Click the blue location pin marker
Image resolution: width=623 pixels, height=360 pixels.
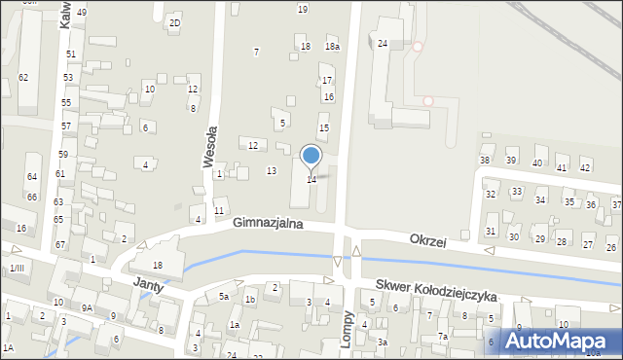coord(311,156)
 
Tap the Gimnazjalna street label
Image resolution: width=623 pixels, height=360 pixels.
coord(268,224)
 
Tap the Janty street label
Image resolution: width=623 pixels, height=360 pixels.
coord(148,284)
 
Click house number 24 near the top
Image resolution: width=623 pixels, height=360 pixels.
coord(383,44)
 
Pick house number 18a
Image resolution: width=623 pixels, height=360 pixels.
coord(332,47)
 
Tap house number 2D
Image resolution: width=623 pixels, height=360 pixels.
coord(174,22)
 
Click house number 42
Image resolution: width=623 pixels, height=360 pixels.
coord(585,167)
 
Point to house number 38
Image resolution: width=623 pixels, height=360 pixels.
coord(485,160)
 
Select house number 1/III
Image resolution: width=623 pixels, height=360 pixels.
coord(16,268)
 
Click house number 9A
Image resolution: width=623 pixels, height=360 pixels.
coord(87,307)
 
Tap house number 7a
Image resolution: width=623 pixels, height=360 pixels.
coord(442,337)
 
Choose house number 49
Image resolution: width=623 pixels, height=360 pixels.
coord(82,12)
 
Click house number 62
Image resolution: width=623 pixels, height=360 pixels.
coord(23,77)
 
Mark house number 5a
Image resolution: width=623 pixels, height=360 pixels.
coord(223,296)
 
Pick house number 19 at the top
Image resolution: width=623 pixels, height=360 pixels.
coord(303,9)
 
